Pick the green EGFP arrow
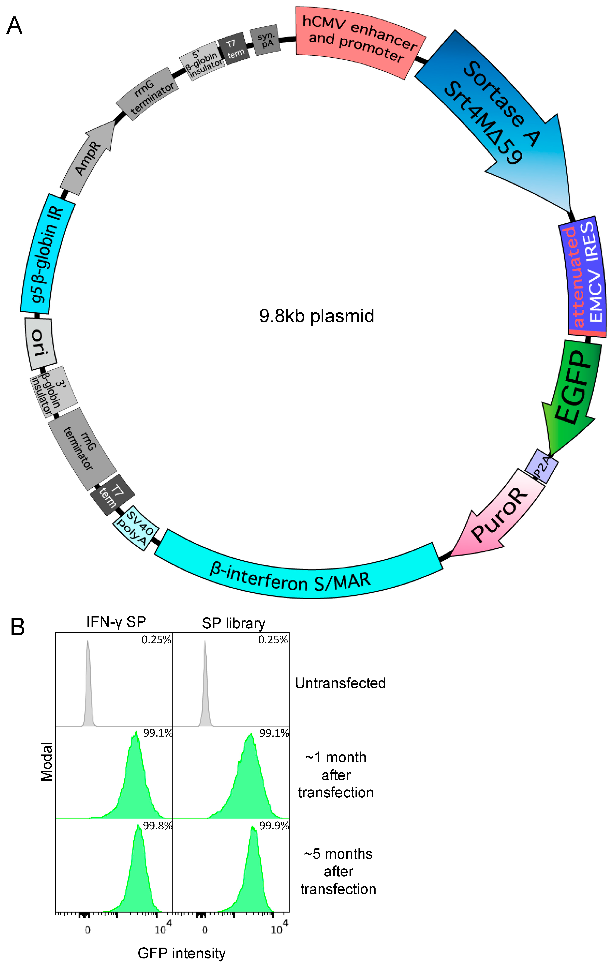tap(572, 393)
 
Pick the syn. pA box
tap(265, 40)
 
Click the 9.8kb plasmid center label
tap(316, 316)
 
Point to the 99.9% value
tap(274, 826)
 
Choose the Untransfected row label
tap(340, 683)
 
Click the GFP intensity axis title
tap(182, 953)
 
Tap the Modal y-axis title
tap(47, 761)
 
